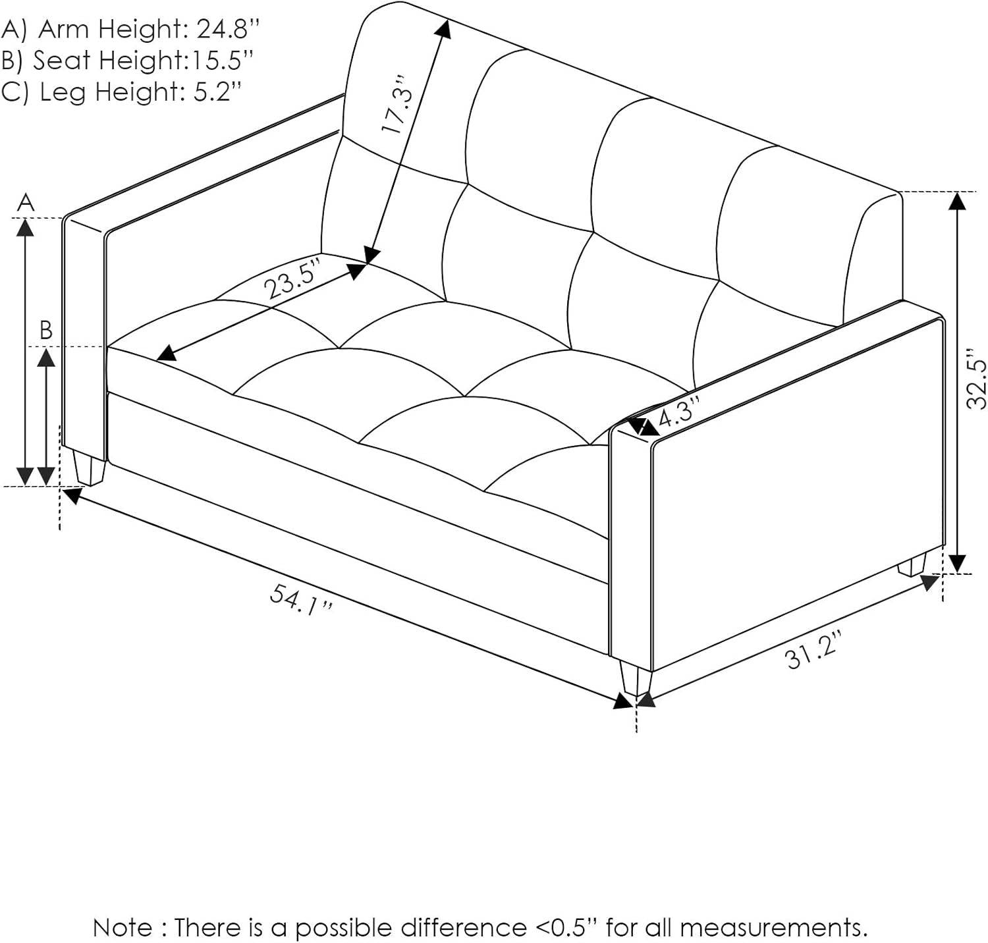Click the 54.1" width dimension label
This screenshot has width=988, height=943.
click(x=301, y=600)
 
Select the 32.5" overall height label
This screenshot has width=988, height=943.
click(x=977, y=384)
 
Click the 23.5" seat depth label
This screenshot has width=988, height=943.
click(x=292, y=280)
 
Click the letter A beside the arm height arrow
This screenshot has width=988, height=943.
click(x=26, y=203)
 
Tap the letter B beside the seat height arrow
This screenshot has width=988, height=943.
click(x=45, y=329)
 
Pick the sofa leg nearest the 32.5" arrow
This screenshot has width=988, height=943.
click(x=912, y=565)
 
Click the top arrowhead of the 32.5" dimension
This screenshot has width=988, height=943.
click(x=957, y=200)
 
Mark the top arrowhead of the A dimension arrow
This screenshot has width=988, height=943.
click(x=25, y=227)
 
